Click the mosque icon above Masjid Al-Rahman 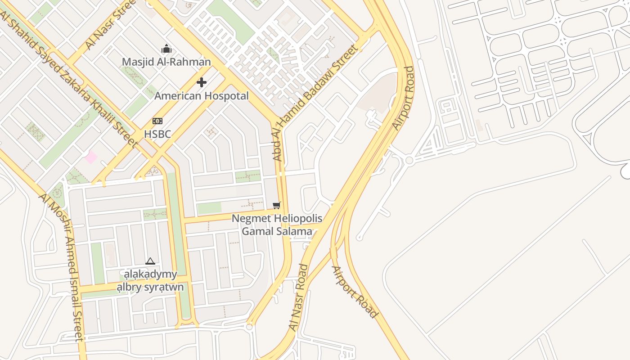coord(166,49)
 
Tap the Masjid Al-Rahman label coord(166,62)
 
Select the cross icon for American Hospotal coord(202,82)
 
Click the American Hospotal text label coord(202,96)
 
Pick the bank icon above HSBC coord(157,121)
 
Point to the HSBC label coord(157,134)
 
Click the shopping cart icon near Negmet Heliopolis coord(277,206)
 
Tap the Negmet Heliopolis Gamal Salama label coord(277,225)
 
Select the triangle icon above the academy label coord(150,261)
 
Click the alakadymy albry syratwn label coord(150,280)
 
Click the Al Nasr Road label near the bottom coord(300,297)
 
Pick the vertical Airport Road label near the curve coord(403,98)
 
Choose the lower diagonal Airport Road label coord(355,292)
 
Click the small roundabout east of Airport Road coord(409,160)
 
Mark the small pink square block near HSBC coord(91,157)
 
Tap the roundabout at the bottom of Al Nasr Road coord(250,327)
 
